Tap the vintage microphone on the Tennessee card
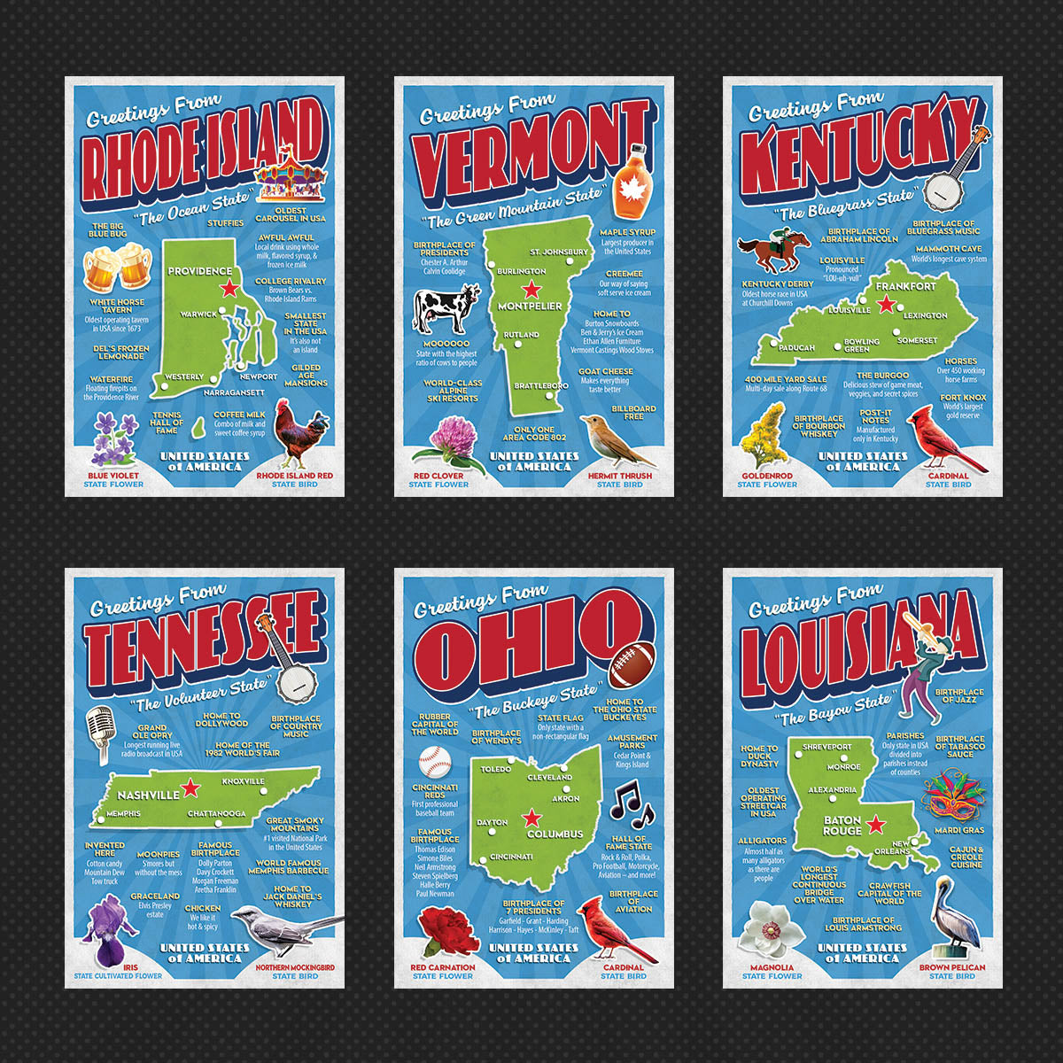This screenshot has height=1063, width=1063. click(98, 734)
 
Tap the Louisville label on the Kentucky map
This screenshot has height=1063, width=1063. click(849, 311)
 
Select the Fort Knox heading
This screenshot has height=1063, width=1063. click(962, 398)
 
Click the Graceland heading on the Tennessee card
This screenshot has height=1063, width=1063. click(155, 896)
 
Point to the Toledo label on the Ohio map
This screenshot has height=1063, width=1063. click(496, 769)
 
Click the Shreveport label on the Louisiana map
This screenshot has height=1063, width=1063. click(826, 747)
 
